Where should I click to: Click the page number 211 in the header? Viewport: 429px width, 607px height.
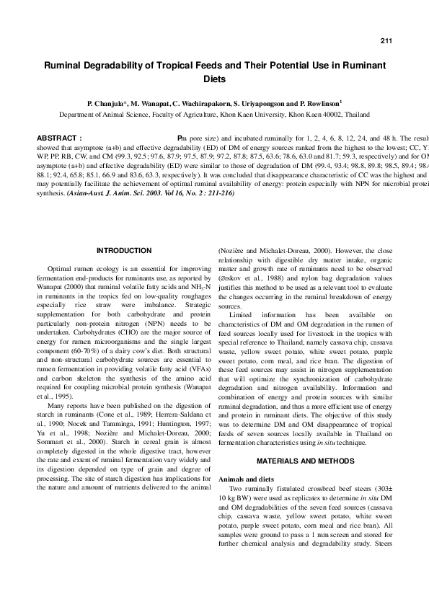pos(386,40)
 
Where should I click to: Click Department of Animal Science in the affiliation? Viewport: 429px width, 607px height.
pos(101,114)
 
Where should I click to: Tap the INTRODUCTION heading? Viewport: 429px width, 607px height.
pos(124,250)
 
